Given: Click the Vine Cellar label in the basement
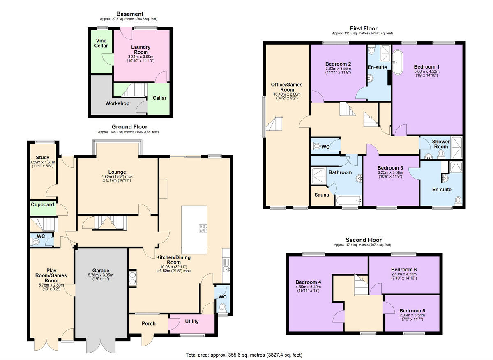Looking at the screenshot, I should (x=101, y=43).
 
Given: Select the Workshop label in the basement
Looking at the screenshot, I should (x=117, y=103).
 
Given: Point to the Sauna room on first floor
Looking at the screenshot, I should (x=321, y=195).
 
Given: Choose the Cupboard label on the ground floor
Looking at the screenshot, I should (x=42, y=204).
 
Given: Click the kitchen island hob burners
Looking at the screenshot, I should (x=203, y=228).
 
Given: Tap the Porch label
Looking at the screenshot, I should (x=148, y=323).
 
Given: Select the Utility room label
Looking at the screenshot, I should (x=192, y=321).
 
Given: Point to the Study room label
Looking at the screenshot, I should (x=42, y=157).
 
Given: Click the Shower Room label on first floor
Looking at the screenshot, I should (x=440, y=144).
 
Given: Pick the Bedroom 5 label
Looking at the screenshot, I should (x=412, y=310).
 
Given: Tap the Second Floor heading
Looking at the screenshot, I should (x=363, y=240).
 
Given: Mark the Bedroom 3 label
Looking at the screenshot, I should (x=390, y=168).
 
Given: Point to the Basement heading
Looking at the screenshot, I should (x=130, y=14).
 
